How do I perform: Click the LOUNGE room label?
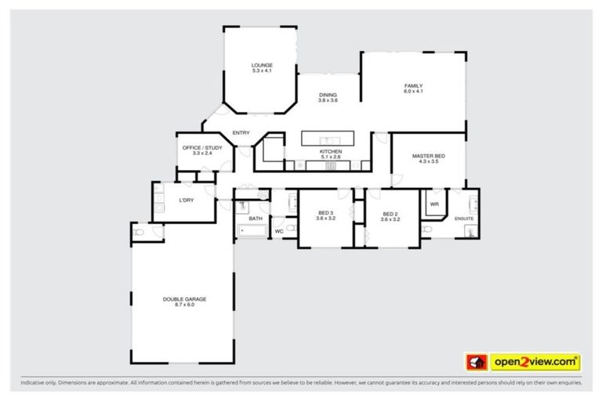click(261, 64)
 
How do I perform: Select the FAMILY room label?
click(413, 85)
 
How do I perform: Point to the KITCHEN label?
click(330, 151)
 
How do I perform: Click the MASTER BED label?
click(428, 156)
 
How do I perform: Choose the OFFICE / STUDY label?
click(202, 147)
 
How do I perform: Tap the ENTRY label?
click(241, 132)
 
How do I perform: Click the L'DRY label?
click(187, 200)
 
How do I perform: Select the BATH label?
click(256, 219)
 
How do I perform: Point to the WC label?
click(278, 231)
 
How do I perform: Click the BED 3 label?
click(325, 214)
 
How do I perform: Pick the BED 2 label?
click(390, 214)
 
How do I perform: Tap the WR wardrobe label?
click(433, 205)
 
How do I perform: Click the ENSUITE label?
click(464, 219)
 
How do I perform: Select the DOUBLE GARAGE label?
click(184, 298)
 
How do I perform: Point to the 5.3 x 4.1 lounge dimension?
click(261, 70)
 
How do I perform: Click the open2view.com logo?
click(523, 362)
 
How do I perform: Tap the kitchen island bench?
click(329, 138)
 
